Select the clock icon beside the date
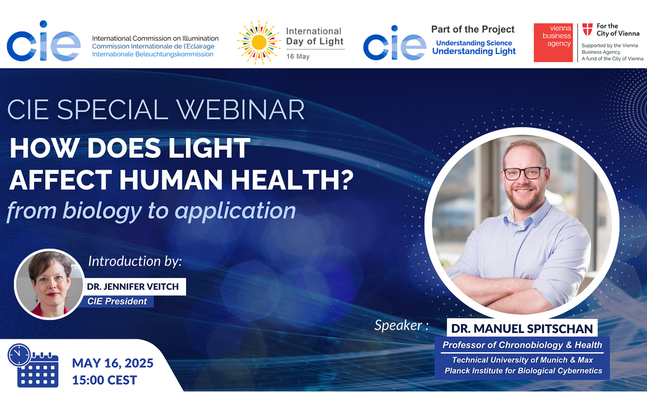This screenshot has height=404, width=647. [19, 355]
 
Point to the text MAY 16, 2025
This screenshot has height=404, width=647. [112, 363]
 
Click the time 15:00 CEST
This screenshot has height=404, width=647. [105, 380]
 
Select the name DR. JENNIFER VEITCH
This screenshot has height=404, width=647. [132, 287]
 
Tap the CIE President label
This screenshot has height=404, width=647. [117, 301]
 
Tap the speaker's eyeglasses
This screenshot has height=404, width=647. [521, 173]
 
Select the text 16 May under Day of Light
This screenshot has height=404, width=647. [298, 57]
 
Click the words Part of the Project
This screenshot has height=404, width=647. [473, 30]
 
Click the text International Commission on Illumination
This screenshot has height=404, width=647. [155, 38]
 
